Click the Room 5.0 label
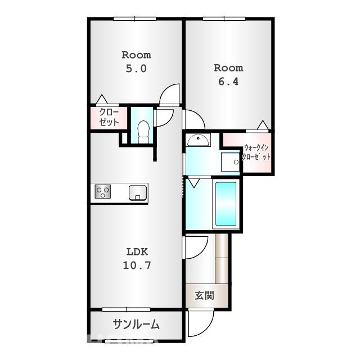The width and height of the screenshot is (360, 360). pyautogui.click(x=136, y=62)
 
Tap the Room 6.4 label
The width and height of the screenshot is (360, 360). pyautogui.click(x=228, y=75)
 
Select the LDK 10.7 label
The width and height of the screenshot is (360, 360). pyautogui.click(x=136, y=258)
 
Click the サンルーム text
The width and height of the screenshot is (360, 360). pyautogui.click(x=136, y=325)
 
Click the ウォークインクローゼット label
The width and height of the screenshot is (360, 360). pyautogui.click(x=256, y=153)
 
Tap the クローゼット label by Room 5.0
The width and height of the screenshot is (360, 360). pyautogui.click(x=109, y=117)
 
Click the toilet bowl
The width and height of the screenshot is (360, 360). pyautogui.click(x=143, y=131)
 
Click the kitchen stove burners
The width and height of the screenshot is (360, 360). pyautogui.click(x=103, y=192)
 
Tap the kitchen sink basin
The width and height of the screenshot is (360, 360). pyautogui.click(x=137, y=193)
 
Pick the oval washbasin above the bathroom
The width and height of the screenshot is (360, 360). pyautogui.click(x=197, y=140)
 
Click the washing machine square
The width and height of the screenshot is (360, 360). pyautogui.click(x=231, y=161)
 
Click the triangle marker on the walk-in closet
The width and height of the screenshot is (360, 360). pyautogui.click(x=262, y=125)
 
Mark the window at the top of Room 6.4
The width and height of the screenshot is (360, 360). pyautogui.click(x=223, y=19)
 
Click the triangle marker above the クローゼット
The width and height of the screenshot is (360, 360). pyautogui.click(x=101, y=100)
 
